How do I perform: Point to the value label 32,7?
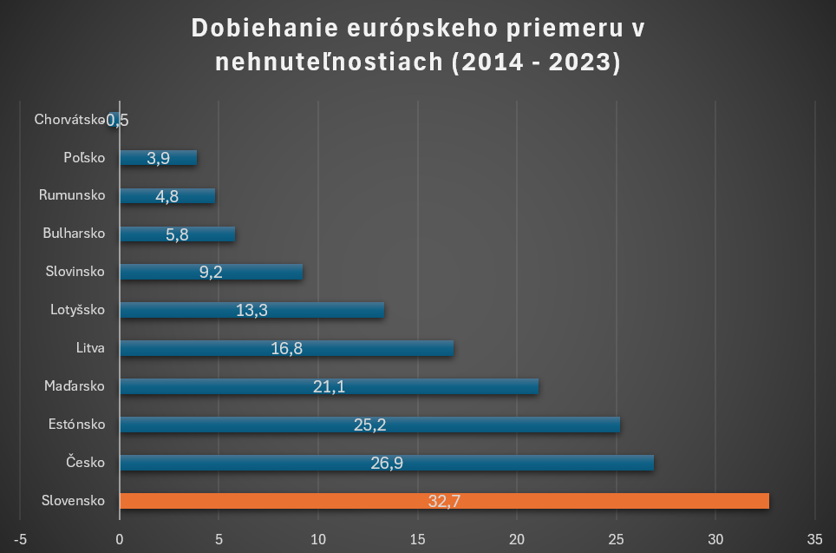coord(444,502)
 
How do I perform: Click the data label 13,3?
coord(251,310)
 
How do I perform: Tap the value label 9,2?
coord(211,272)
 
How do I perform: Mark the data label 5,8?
coord(177,234)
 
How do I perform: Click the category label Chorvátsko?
coord(69,119)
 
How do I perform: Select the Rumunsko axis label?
coord(72,195)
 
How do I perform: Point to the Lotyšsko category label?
coord(77,310)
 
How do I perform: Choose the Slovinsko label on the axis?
coord(75,272)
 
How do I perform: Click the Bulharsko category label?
coord(74,234)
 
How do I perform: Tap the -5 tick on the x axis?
coord(20,539)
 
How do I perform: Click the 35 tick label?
coord(814,539)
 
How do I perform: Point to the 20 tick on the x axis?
coord(517,539)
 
